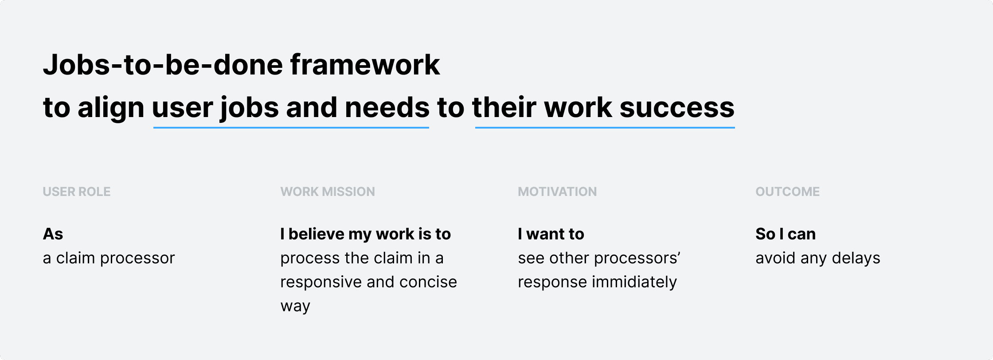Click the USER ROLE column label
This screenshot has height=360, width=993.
tap(77, 192)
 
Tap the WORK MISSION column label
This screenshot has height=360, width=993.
tap(328, 192)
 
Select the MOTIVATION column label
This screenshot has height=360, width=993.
tap(557, 192)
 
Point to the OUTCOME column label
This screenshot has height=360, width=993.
tap(787, 192)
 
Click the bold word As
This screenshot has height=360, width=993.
tap(53, 234)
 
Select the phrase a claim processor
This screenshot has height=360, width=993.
tap(109, 258)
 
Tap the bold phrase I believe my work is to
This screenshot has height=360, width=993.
tap(366, 234)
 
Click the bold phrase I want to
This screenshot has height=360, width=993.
tap(551, 234)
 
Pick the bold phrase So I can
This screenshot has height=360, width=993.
tap(786, 234)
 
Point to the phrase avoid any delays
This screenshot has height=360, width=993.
tap(818, 258)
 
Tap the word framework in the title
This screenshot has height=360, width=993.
tap(365, 65)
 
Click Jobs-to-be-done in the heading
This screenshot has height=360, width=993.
tap(163, 65)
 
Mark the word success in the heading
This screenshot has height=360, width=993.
tap(677, 108)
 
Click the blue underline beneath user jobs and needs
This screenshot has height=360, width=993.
tap(291, 128)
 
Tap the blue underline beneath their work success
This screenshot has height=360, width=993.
tap(605, 128)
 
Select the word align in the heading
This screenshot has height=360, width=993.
tap(111, 108)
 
